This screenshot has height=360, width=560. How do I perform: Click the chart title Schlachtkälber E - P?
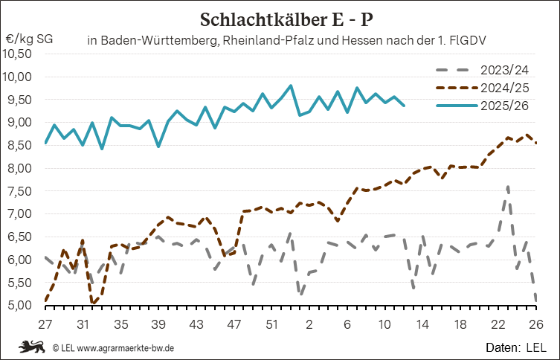pos(286,18)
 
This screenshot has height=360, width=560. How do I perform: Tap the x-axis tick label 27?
pos(45,324)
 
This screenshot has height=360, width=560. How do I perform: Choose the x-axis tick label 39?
pos(158,324)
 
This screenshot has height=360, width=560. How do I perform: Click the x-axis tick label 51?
pos(271,324)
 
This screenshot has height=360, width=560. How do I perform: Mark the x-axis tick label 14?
pos(423,324)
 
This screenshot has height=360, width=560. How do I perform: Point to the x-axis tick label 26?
pos(536,324)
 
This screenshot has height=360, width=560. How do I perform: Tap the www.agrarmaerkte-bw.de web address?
pos(126,347)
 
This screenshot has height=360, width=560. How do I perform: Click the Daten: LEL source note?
pos(516,347)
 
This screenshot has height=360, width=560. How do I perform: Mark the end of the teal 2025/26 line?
pos(404,106)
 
